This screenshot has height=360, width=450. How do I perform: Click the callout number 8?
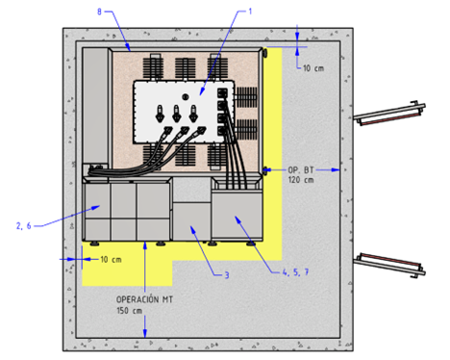click(x=99, y=12)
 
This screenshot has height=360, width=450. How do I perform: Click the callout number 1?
click(x=250, y=12)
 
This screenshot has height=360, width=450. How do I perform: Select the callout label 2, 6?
click(x=24, y=226)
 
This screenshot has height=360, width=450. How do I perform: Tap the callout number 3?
click(x=227, y=275)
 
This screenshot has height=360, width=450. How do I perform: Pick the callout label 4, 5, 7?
click(x=295, y=272)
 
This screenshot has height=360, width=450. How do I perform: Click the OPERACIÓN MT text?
click(x=144, y=299)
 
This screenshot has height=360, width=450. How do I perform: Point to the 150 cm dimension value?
click(x=129, y=311)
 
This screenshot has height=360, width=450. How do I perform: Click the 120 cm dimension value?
click(x=301, y=180)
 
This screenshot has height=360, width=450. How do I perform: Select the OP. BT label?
click(x=301, y=170)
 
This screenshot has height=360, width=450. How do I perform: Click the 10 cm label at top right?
click(x=313, y=68)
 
